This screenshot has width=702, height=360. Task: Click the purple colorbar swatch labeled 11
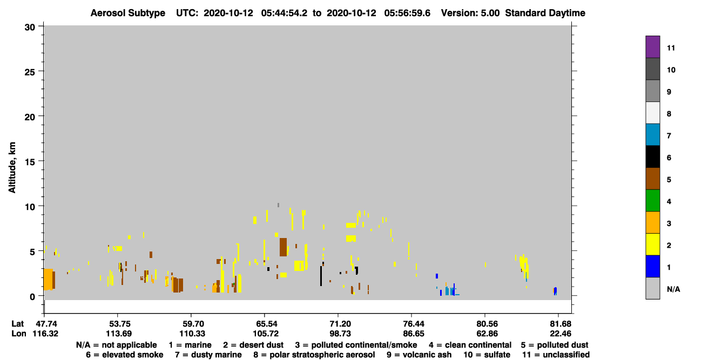[x=652, y=47]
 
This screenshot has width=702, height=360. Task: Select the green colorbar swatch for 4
[x=652, y=201]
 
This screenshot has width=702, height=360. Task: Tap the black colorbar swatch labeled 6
[x=652, y=157]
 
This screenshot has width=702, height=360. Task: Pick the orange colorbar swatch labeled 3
[x=652, y=222]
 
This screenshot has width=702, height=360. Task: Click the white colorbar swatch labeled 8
[x=652, y=113]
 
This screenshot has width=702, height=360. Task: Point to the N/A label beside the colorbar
[x=673, y=289]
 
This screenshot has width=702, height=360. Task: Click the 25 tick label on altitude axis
[x=30, y=72]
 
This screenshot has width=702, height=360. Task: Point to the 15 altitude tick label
[x=30, y=162]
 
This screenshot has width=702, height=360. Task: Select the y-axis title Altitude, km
[x=12, y=167]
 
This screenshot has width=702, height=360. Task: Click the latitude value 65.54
[x=265, y=324]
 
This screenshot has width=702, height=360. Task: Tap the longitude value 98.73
[x=340, y=334]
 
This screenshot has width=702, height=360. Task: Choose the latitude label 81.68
[x=561, y=324]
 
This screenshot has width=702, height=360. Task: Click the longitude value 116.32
[x=45, y=334]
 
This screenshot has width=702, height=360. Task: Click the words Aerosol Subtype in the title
[x=128, y=13]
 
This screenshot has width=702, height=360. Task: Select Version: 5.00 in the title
[x=470, y=13]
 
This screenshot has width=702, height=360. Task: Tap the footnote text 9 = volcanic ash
[x=419, y=355]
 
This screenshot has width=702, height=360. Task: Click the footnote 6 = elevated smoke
[x=124, y=355]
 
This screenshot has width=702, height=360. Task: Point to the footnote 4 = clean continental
[x=470, y=345]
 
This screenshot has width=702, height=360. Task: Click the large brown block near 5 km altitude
[x=283, y=247]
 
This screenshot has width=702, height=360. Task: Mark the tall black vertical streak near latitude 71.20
[x=321, y=276]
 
